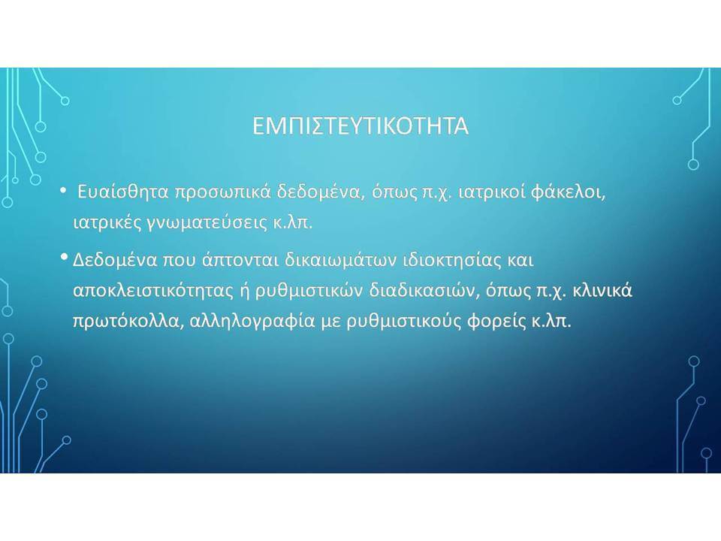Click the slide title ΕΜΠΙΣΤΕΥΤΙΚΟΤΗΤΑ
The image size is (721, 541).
360,125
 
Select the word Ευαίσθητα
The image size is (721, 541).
123,192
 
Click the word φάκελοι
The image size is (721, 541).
569,192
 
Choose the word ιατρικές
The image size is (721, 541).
107,222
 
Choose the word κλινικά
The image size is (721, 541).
602,291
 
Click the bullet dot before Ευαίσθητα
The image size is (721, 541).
63,190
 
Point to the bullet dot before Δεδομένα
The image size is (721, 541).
64,257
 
